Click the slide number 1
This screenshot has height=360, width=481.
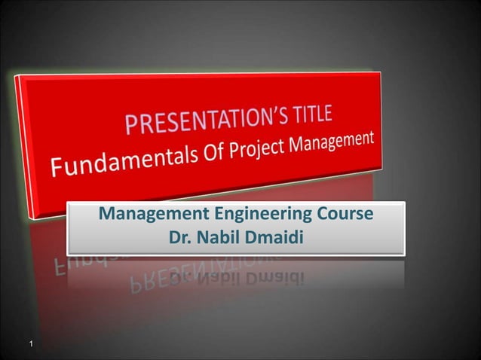[30, 345]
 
